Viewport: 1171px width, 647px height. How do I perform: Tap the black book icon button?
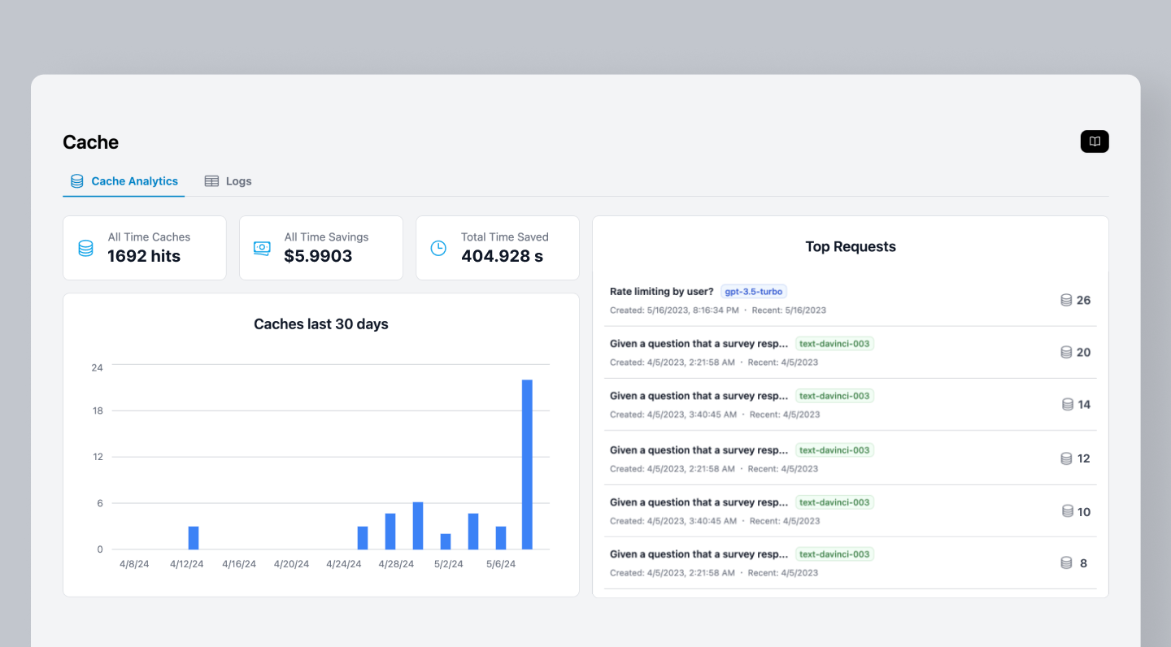(x=1095, y=141)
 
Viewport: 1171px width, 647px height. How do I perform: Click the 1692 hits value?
(x=144, y=256)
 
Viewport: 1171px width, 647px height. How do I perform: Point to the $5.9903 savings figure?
(x=318, y=256)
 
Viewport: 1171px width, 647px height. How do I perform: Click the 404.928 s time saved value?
(x=502, y=256)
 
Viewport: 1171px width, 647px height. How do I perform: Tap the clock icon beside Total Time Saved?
(x=438, y=248)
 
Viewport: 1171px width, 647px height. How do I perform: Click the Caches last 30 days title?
(x=321, y=324)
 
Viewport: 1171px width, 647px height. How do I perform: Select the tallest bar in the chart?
(x=527, y=464)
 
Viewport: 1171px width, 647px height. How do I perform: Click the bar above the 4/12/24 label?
(x=194, y=537)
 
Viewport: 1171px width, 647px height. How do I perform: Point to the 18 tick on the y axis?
(x=98, y=410)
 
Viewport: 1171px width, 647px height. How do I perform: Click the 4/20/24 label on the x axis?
(x=291, y=564)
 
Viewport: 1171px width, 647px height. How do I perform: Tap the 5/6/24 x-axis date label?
(x=501, y=564)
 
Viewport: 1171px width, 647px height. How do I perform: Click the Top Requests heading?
(x=851, y=246)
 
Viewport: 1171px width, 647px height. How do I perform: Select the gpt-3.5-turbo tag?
(x=754, y=292)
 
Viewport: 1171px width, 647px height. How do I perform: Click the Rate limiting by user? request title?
(x=661, y=292)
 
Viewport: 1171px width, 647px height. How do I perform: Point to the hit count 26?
(x=1083, y=300)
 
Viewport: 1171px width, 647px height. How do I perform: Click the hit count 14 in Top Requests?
(x=1084, y=404)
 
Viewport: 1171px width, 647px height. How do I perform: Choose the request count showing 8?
(x=1083, y=562)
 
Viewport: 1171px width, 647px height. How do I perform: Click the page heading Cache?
(x=90, y=142)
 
